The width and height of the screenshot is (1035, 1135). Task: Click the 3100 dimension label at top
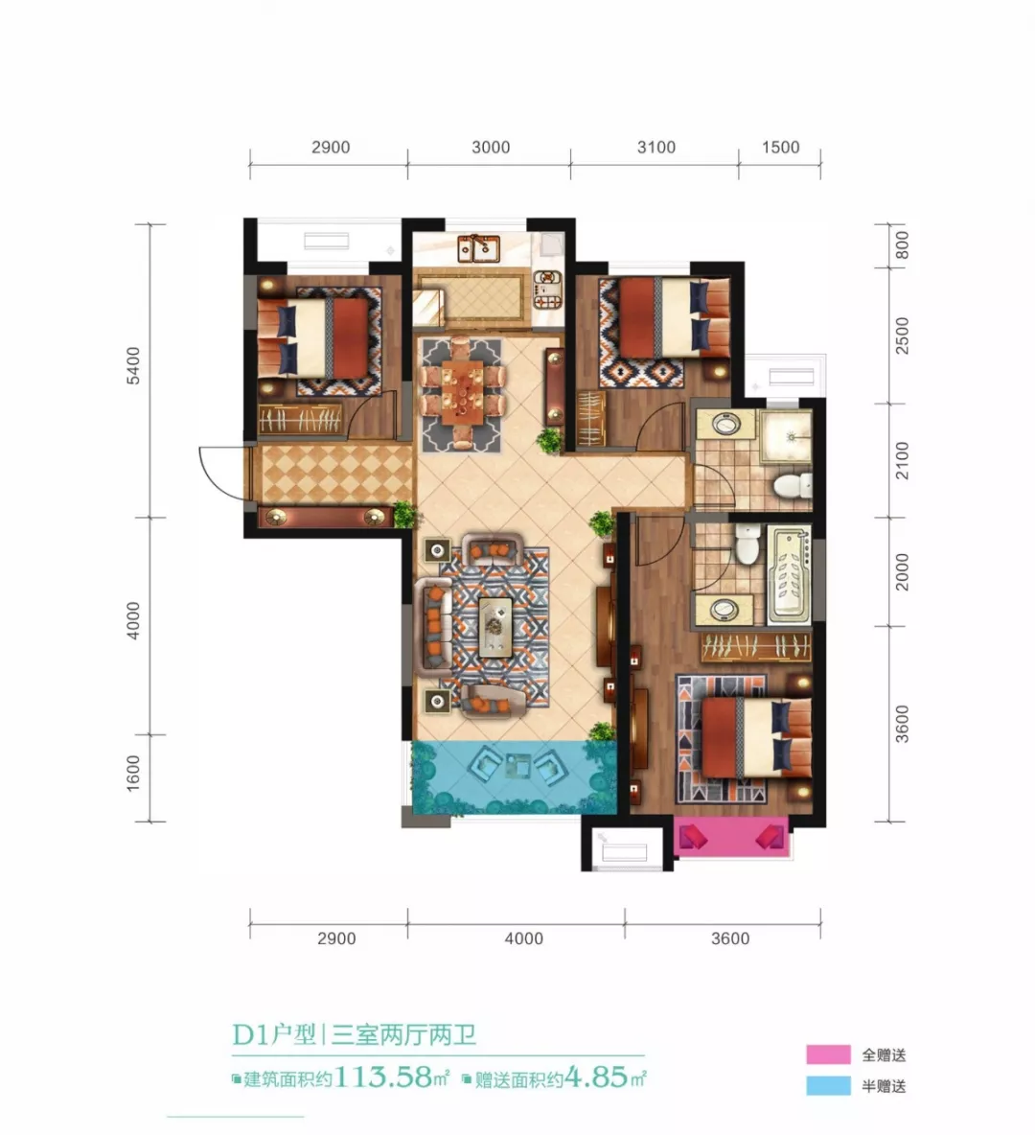pos(655,147)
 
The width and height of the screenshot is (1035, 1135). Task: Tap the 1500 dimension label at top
pos(780,147)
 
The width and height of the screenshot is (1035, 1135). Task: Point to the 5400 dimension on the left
pos(134,365)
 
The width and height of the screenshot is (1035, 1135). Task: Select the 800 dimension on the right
pos(902,245)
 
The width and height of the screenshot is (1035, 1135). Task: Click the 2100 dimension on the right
pos(902,460)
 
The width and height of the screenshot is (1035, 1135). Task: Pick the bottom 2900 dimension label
pos(336,938)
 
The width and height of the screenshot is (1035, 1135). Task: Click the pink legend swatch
pos(829,1054)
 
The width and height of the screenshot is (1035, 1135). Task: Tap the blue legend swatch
pos(829,1085)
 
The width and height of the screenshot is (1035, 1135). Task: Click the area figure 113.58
pos(383,1077)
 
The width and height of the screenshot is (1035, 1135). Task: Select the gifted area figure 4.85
pos(596,1077)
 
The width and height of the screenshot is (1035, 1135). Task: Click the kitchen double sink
pos(478,249)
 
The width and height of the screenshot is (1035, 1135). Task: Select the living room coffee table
pos(495,627)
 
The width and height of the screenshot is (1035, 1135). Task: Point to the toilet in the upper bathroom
pos(791,486)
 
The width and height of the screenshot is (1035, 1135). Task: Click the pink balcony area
pos(732,838)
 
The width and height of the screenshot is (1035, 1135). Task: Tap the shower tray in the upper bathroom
pos(786,436)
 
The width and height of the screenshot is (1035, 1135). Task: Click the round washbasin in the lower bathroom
pos(723,610)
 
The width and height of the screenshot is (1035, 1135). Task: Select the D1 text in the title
pos(250,1035)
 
